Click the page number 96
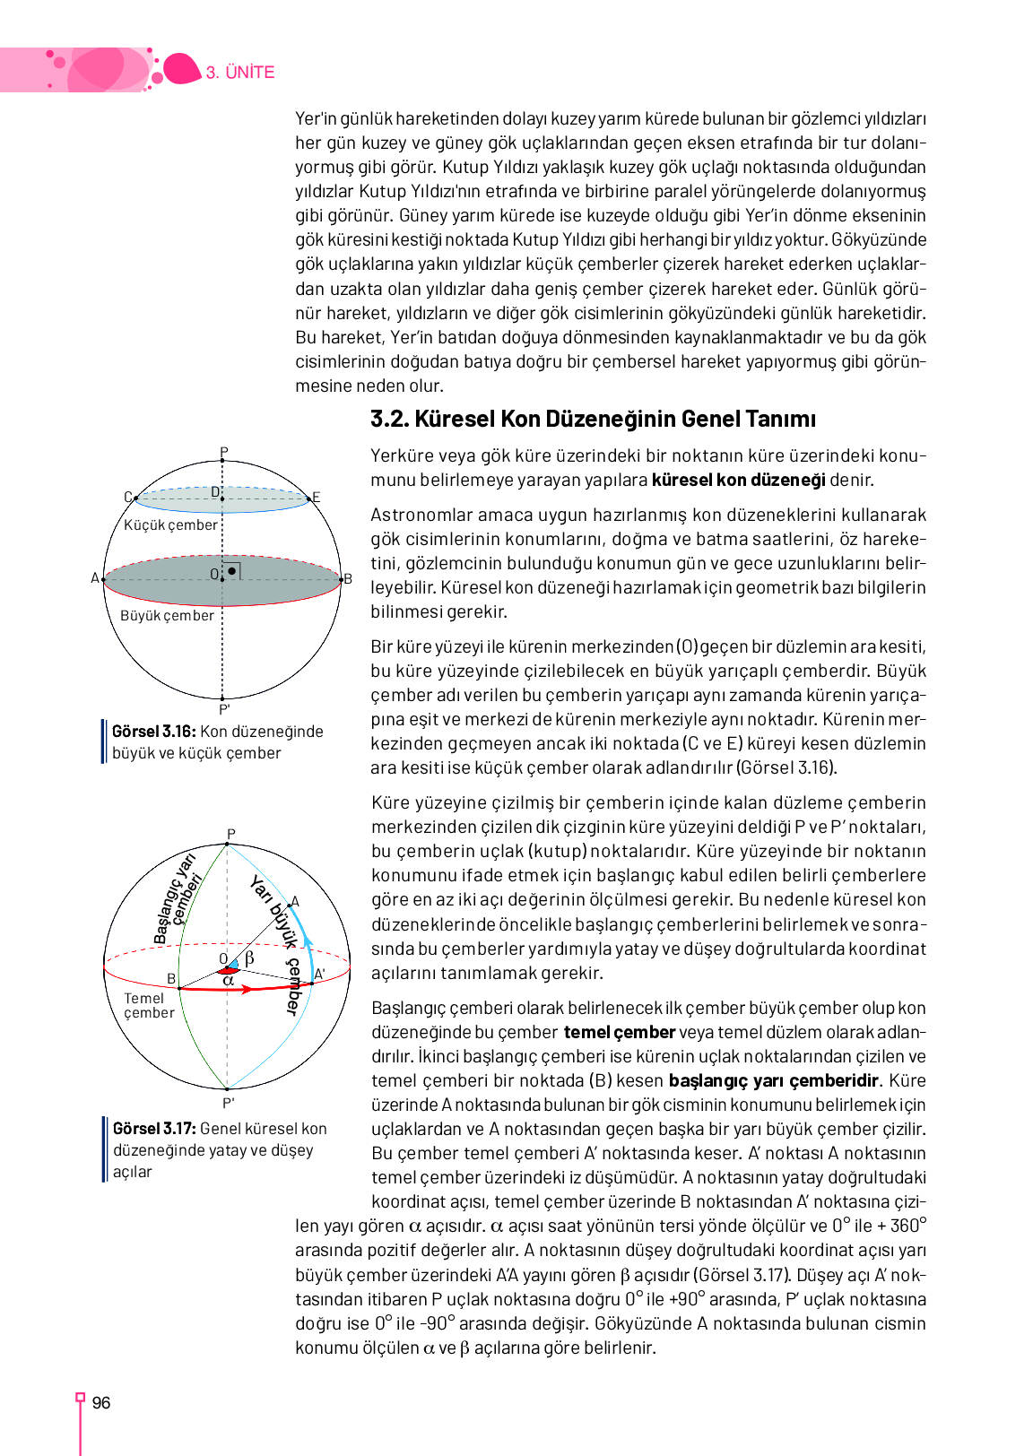pyautogui.click(x=101, y=1403)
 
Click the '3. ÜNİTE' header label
pyautogui.click(x=240, y=73)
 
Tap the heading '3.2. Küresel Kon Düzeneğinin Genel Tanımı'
pyautogui.click(x=593, y=420)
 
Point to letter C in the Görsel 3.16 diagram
pyautogui.click(x=128, y=497)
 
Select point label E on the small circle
pyautogui.click(x=316, y=498)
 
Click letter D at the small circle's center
pyautogui.click(x=215, y=492)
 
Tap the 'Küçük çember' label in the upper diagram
pyautogui.click(x=170, y=525)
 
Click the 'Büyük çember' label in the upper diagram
pyautogui.click(x=168, y=616)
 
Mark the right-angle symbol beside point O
pyautogui.click(x=232, y=570)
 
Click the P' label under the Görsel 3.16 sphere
pyautogui.click(x=224, y=709)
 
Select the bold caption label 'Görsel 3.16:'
pyautogui.click(x=153, y=732)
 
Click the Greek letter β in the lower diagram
pyautogui.click(x=249, y=958)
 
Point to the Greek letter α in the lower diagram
pyautogui.click(x=228, y=981)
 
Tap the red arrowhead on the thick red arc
pyautogui.click(x=247, y=989)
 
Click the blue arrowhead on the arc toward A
pyautogui.click(x=308, y=941)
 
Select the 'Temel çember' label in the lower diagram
pyautogui.click(x=149, y=1005)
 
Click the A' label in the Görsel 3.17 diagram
pyautogui.click(x=319, y=975)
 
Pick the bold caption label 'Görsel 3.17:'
pyautogui.click(x=154, y=1129)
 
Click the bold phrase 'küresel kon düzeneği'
pyautogui.click(x=738, y=481)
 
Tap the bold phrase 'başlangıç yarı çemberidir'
pyautogui.click(x=775, y=1081)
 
